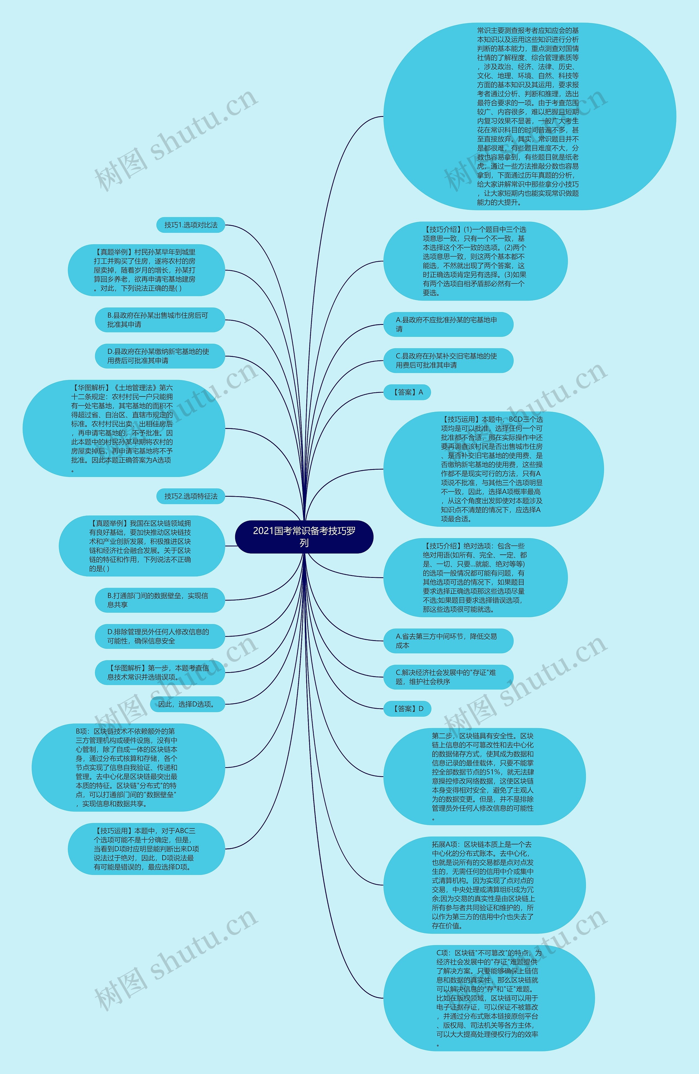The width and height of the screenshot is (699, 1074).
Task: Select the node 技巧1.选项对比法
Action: (x=191, y=225)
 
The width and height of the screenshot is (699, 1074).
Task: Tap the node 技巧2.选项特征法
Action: (x=191, y=496)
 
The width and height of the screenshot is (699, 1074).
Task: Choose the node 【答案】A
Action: (x=407, y=392)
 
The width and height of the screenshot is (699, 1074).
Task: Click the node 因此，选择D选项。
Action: (x=187, y=704)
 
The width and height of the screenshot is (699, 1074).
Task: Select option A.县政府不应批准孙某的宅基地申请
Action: (x=448, y=325)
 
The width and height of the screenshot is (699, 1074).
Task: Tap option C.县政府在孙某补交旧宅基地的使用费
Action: (x=448, y=361)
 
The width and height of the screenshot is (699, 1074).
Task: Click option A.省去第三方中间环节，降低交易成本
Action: (x=448, y=641)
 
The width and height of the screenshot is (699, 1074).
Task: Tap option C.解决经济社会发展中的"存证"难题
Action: (x=448, y=677)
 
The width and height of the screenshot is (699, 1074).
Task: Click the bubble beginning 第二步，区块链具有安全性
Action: (x=484, y=777)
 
